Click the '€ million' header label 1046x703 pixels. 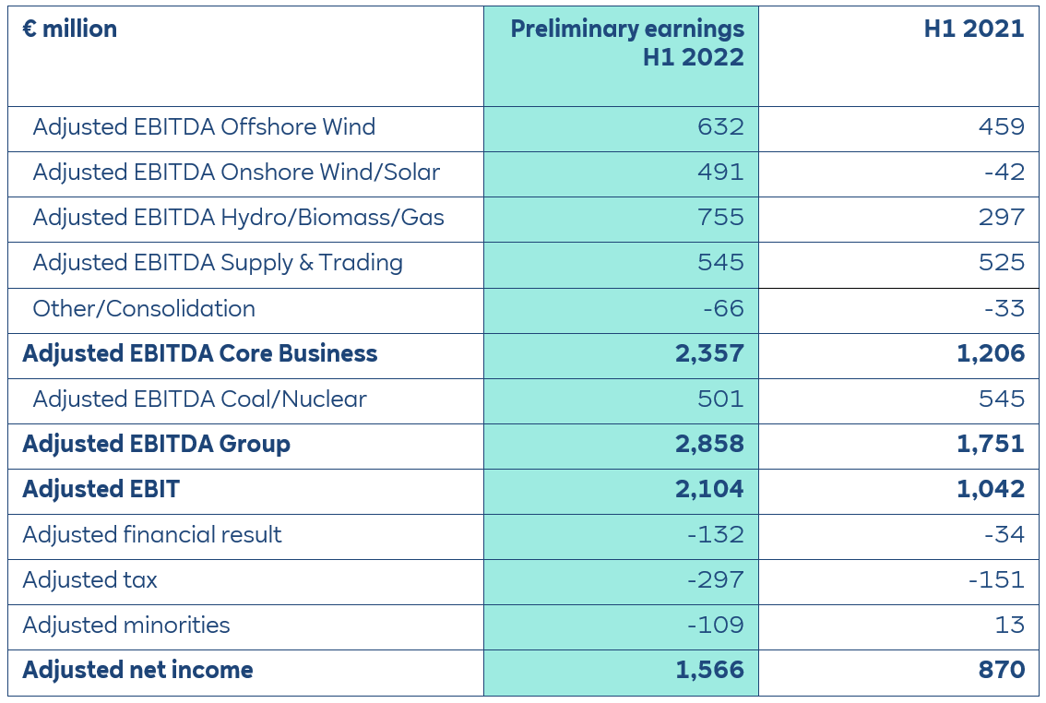[70, 30]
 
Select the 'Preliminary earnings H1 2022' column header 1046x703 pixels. [627, 42]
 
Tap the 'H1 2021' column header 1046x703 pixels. [974, 30]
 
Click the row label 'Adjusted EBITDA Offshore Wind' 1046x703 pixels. [204, 127]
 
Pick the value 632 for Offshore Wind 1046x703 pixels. [720, 127]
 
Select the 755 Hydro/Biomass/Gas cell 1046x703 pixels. [720, 218]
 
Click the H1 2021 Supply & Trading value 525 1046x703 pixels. [1001, 263]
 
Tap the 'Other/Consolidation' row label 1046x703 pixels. [144, 308]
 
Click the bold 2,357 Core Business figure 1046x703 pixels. [709, 353]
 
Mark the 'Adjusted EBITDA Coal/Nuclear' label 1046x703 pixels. [199, 399]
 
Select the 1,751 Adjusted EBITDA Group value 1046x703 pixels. [990, 444]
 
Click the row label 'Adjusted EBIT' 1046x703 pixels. [101, 489]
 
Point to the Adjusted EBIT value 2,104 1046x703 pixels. [709, 489]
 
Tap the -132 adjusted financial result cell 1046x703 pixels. [715, 534]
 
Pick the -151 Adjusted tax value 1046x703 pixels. [996, 579]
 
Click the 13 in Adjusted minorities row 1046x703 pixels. [1010, 625]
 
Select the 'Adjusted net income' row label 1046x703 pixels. [138, 670]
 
